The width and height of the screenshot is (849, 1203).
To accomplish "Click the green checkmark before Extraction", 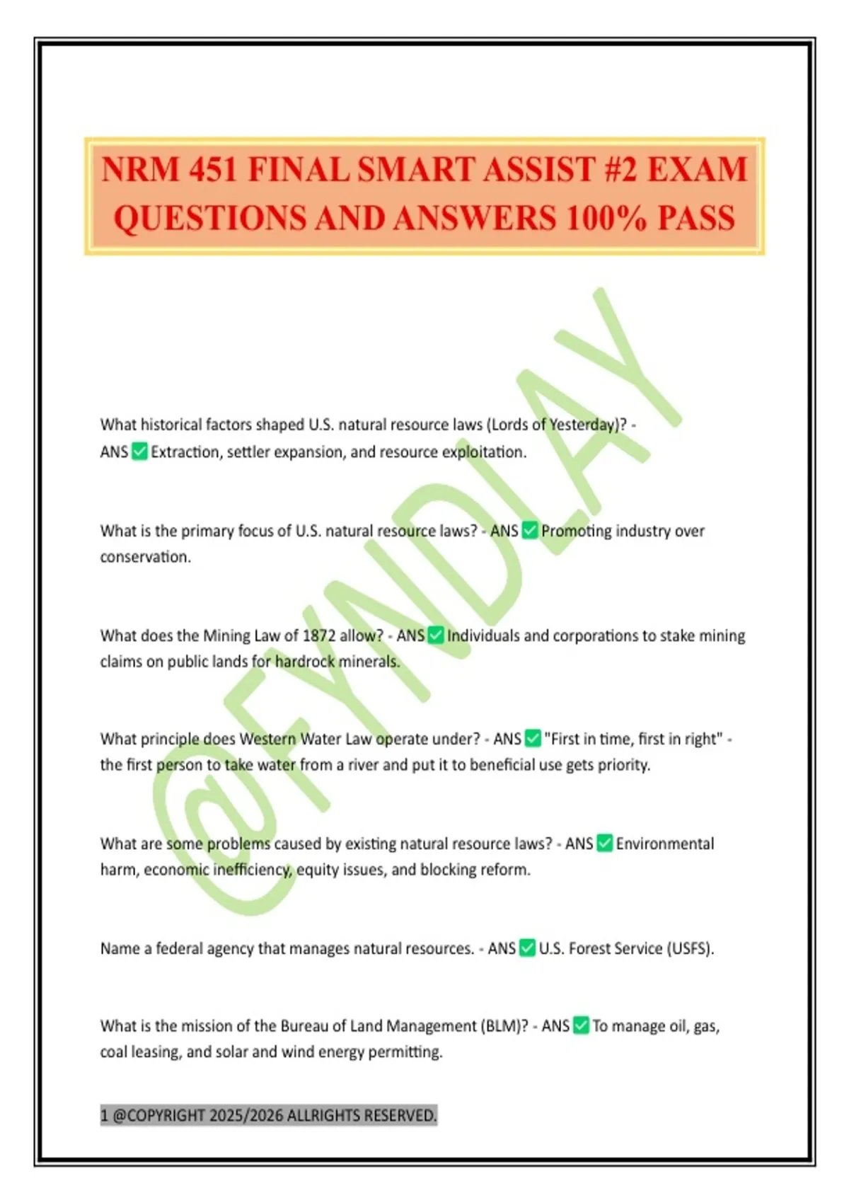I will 139,451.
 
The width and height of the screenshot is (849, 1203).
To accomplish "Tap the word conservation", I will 145,557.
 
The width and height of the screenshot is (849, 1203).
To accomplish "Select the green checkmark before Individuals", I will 436,635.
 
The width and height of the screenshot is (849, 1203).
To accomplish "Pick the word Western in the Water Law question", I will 267,739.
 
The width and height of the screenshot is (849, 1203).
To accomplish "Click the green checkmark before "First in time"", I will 533,739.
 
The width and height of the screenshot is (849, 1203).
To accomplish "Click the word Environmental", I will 664,844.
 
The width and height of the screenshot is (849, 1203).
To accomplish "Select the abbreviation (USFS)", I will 690,948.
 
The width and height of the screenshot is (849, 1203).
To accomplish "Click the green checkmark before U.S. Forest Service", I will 527,948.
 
